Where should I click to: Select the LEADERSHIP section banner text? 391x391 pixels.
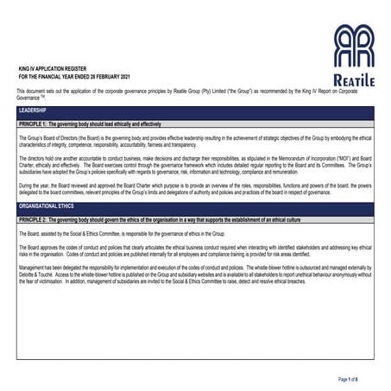tap(33, 113)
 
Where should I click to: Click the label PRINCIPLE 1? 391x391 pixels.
tap(35, 125)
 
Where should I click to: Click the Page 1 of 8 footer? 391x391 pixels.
tap(354, 379)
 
